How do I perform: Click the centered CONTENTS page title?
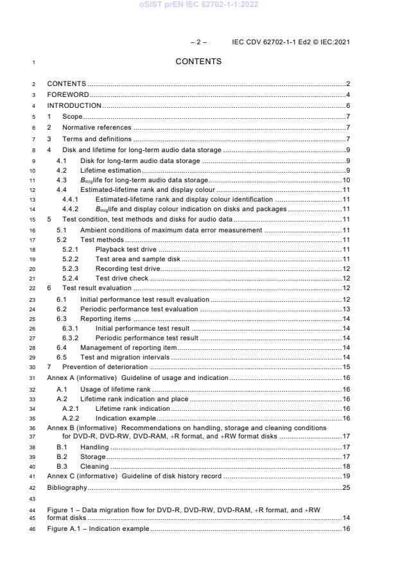[x=198, y=62]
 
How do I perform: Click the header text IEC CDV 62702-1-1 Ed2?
[x=291, y=42]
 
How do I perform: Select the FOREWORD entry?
[x=67, y=94]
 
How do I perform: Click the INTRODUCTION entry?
[x=74, y=105]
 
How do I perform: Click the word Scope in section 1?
[x=72, y=116]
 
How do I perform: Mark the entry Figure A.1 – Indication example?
[x=98, y=528]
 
